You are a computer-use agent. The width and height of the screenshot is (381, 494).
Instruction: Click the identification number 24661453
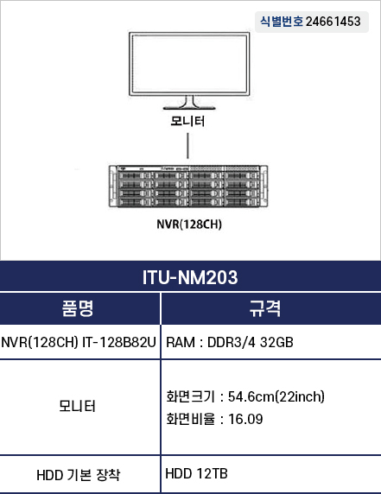[x=333, y=22]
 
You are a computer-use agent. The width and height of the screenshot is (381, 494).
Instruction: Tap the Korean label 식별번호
[x=282, y=22]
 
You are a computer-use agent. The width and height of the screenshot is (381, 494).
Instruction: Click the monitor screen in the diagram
[x=189, y=64]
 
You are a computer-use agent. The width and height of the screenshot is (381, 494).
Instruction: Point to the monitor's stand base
[x=189, y=108]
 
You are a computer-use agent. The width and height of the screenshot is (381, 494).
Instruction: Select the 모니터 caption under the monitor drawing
[x=187, y=121]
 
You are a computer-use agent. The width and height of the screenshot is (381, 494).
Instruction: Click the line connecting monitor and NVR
[x=187, y=146]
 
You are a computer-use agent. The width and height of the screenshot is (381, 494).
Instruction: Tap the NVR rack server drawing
[x=188, y=187]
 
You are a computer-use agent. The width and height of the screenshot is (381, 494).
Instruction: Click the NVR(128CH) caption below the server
[x=189, y=225]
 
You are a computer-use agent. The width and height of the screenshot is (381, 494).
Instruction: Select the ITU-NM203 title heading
[x=190, y=277]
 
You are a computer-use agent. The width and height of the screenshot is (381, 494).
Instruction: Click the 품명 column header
[x=78, y=308]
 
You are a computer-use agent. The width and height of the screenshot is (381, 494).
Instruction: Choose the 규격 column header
[x=264, y=308]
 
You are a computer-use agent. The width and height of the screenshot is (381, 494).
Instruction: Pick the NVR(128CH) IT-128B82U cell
[x=79, y=342]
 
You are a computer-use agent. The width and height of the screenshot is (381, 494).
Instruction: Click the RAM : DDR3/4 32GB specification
[x=230, y=342]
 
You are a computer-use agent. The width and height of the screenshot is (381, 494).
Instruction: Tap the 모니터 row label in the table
[x=77, y=406]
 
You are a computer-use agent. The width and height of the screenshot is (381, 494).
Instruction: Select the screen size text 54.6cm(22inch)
[x=276, y=396]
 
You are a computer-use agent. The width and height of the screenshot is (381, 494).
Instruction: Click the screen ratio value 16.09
[x=245, y=419]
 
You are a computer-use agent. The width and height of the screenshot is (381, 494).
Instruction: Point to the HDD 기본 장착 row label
[x=78, y=475]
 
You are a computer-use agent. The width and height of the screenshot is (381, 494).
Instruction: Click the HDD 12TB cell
[x=196, y=473]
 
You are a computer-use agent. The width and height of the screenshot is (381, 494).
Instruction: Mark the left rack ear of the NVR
[x=112, y=187]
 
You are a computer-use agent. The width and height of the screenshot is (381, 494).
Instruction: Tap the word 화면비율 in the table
[x=190, y=419]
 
